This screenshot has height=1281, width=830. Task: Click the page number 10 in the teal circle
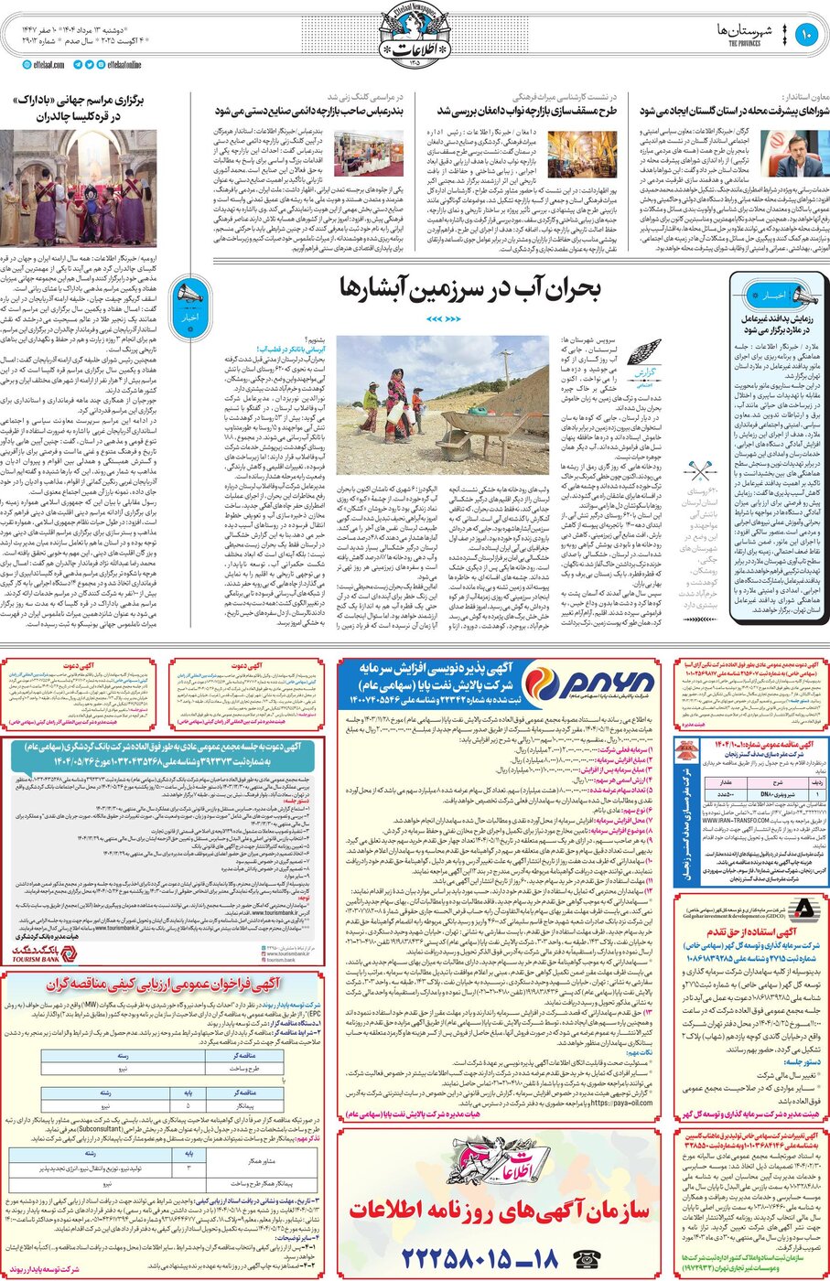pos(806,36)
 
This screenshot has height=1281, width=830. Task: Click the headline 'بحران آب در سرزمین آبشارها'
pos(469,289)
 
